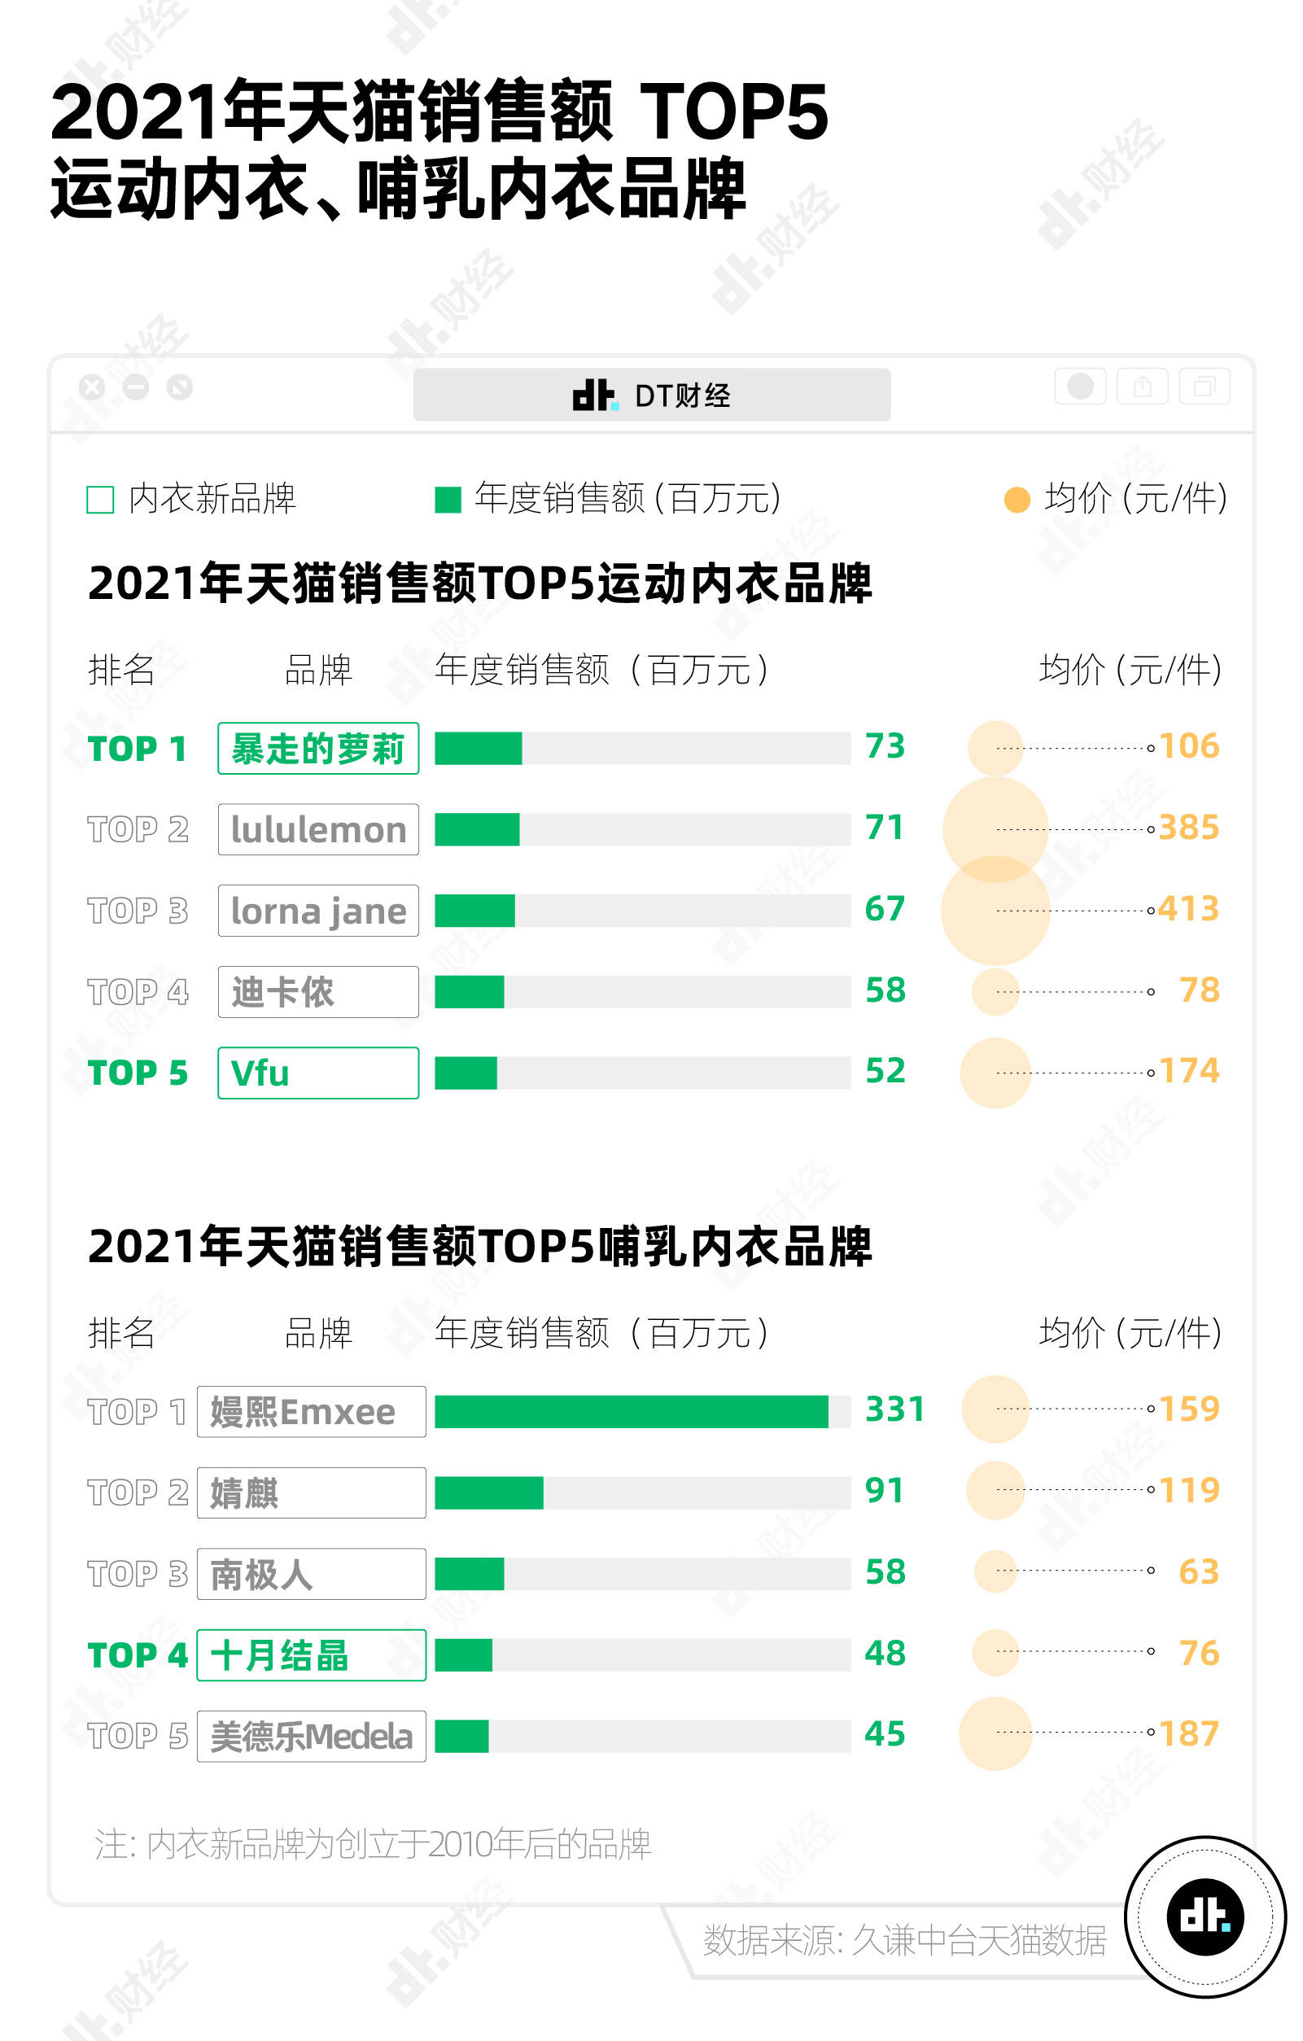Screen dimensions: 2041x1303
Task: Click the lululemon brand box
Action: pos(318,829)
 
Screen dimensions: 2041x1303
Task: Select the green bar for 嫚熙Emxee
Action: pos(631,1411)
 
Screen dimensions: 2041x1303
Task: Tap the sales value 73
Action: pos(884,746)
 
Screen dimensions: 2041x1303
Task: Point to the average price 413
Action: pos(1187,909)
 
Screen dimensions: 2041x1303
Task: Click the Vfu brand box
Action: pos(318,1073)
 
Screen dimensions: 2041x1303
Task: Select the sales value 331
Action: pos(894,1409)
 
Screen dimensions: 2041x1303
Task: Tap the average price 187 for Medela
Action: pos(1188,1733)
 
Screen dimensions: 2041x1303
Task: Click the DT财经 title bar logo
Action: pos(593,395)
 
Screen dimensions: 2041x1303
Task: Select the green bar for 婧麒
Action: pos(488,1493)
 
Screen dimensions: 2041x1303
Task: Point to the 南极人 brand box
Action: pos(311,1574)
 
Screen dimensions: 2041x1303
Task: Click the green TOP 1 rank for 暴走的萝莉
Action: pos(137,750)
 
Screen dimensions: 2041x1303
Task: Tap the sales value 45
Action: pos(884,1734)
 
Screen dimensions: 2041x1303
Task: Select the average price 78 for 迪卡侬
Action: pos(1199,990)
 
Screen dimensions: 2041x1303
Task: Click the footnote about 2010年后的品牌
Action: pos(373,1844)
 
